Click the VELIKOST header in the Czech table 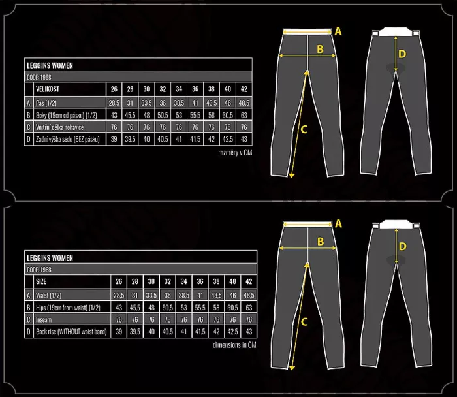coord(50,89)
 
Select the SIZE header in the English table coord(42,281)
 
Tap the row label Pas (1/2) coord(50,103)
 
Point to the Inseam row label coord(44,319)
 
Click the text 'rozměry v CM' coord(234,152)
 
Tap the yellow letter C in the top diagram coord(303,129)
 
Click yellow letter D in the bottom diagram coord(402,246)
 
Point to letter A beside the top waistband coord(338,30)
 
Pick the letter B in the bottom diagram coord(321,242)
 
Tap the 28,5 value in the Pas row coord(114,103)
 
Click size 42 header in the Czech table coord(244,89)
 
